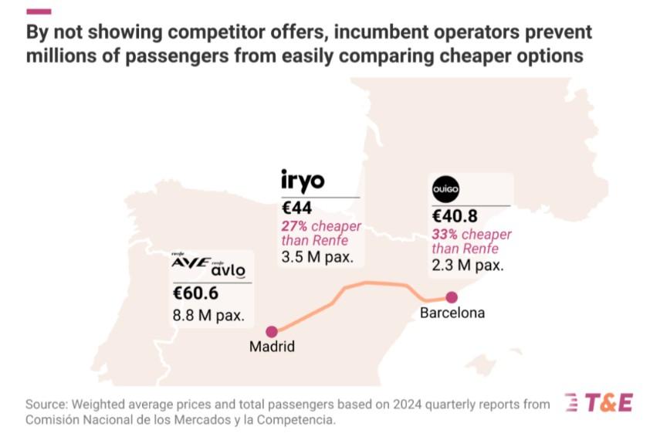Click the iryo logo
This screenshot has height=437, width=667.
(303, 181)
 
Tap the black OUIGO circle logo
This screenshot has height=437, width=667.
(445, 189)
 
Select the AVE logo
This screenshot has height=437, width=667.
(190, 261)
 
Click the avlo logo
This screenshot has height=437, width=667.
(229, 269)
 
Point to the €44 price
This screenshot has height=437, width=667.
(297, 208)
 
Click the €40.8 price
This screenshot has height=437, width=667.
(455, 216)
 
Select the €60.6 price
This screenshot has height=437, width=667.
(195, 293)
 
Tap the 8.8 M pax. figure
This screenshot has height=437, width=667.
(208, 315)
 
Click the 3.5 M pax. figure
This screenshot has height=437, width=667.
(317, 257)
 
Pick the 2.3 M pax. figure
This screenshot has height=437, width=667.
(468, 266)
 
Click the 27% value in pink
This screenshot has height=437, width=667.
(294, 226)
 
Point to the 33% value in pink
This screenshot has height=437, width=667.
(445, 234)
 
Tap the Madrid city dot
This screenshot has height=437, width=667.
(272, 331)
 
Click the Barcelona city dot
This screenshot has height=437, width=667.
(452, 297)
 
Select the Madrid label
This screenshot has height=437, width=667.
(272, 347)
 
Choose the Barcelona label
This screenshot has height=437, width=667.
(452, 313)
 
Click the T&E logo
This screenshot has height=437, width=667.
(599, 402)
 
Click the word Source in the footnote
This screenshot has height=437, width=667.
(46, 404)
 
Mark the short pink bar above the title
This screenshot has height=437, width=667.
(39, 12)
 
